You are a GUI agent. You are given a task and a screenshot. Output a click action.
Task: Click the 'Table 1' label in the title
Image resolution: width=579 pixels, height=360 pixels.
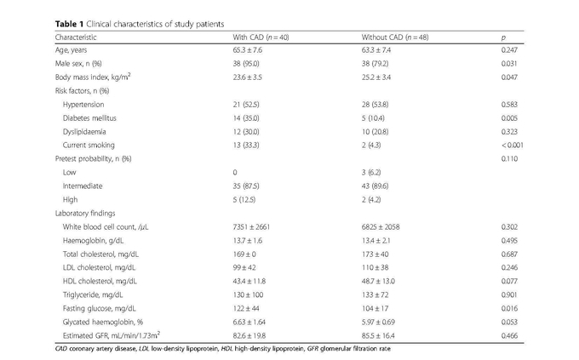[70, 25]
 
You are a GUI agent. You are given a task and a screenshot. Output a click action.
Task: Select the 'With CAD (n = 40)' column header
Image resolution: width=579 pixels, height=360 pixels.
[261, 37]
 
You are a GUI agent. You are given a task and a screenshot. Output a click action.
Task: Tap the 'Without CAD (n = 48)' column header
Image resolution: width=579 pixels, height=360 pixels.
[395, 37]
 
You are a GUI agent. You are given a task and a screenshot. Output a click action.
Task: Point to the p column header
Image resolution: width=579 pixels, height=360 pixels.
[503, 38]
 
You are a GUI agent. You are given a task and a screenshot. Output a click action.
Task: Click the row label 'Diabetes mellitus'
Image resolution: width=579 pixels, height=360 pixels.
[89, 118]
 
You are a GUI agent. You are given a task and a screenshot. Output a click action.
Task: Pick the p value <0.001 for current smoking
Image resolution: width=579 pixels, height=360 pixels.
[513, 146]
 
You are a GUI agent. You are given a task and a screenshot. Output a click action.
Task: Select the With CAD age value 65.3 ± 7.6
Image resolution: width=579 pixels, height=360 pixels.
[248, 50]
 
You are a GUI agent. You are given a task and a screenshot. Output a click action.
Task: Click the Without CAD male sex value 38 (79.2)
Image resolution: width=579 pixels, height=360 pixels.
[375, 64]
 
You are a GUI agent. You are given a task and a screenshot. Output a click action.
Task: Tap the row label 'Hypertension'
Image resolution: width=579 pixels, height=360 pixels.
[83, 105]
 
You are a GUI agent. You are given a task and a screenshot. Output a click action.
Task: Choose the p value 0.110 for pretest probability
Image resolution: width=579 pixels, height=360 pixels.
[509, 159]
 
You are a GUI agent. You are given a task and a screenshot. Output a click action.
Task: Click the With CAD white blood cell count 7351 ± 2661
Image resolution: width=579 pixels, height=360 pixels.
[251, 226]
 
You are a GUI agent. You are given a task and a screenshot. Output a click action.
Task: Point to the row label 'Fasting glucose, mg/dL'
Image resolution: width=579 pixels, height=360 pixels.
[100, 309]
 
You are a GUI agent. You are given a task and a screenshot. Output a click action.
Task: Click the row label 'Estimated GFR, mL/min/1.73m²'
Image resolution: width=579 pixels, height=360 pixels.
[112, 335]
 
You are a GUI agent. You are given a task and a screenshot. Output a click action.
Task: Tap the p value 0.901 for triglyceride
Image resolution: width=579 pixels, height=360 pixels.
[509, 295]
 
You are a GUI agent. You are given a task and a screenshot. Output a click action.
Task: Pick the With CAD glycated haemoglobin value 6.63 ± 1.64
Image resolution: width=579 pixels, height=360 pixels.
[249, 322]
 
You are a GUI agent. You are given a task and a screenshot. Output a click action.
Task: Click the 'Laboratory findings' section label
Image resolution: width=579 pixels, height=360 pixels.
[85, 214]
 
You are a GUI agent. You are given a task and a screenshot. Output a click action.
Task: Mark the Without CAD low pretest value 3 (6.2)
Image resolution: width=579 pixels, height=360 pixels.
[371, 173]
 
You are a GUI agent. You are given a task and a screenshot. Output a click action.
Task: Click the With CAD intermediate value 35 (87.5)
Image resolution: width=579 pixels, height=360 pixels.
[245, 186]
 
